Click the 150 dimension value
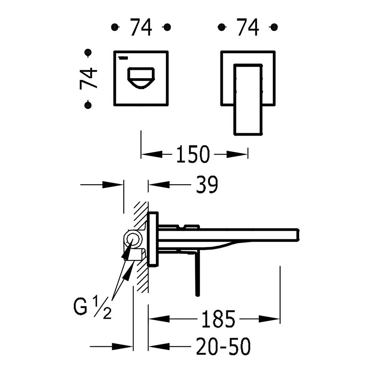[x=193, y=154]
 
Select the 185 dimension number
[x=218, y=319]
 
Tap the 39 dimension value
[x=207, y=184]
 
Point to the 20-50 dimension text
[x=223, y=346]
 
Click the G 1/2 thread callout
[x=92, y=307]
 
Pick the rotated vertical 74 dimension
[x=89, y=79]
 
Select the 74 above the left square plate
[x=141, y=27]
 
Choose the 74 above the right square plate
[x=248, y=27]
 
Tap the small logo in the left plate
[x=123, y=58]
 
